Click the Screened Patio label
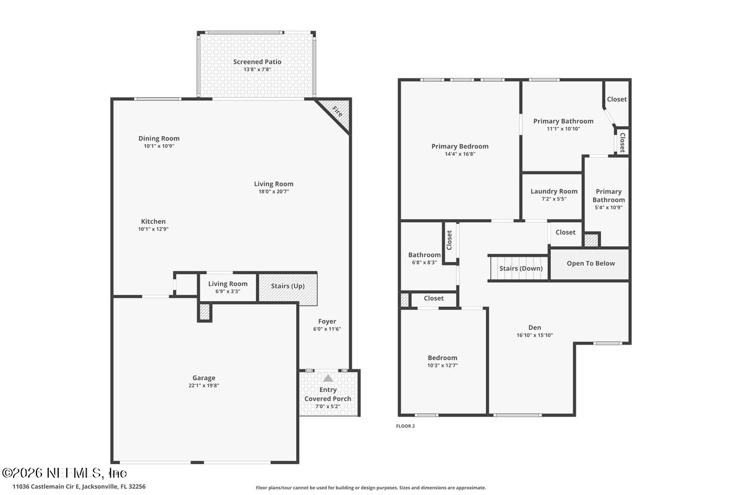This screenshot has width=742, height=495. (x=257, y=62)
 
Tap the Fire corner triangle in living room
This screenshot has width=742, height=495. (x=338, y=113)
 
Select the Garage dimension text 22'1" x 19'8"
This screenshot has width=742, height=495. (x=203, y=385)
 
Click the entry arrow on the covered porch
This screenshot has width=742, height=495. (x=328, y=377)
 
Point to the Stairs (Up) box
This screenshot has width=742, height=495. (x=288, y=286)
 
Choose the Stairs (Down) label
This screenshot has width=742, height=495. (x=521, y=269)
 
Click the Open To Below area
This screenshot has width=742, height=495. (x=591, y=264)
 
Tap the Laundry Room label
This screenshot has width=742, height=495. (x=553, y=192)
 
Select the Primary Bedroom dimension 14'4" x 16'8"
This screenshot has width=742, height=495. (x=459, y=154)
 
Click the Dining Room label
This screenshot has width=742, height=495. (x=159, y=139)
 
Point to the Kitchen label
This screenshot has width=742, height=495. (x=153, y=222)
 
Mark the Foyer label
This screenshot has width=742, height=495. (x=327, y=321)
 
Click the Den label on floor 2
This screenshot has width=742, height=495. (x=534, y=327)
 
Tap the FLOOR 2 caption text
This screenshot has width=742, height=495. (x=405, y=426)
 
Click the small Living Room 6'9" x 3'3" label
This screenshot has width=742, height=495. (x=228, y=284)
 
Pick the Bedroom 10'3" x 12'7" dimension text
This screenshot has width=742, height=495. (x=443, y=366)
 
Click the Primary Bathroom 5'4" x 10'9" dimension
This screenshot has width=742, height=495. (x=608, y=207)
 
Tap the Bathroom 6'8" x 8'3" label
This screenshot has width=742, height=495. (x=424, y=255)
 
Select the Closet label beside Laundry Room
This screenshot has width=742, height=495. (x=565, y=233)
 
